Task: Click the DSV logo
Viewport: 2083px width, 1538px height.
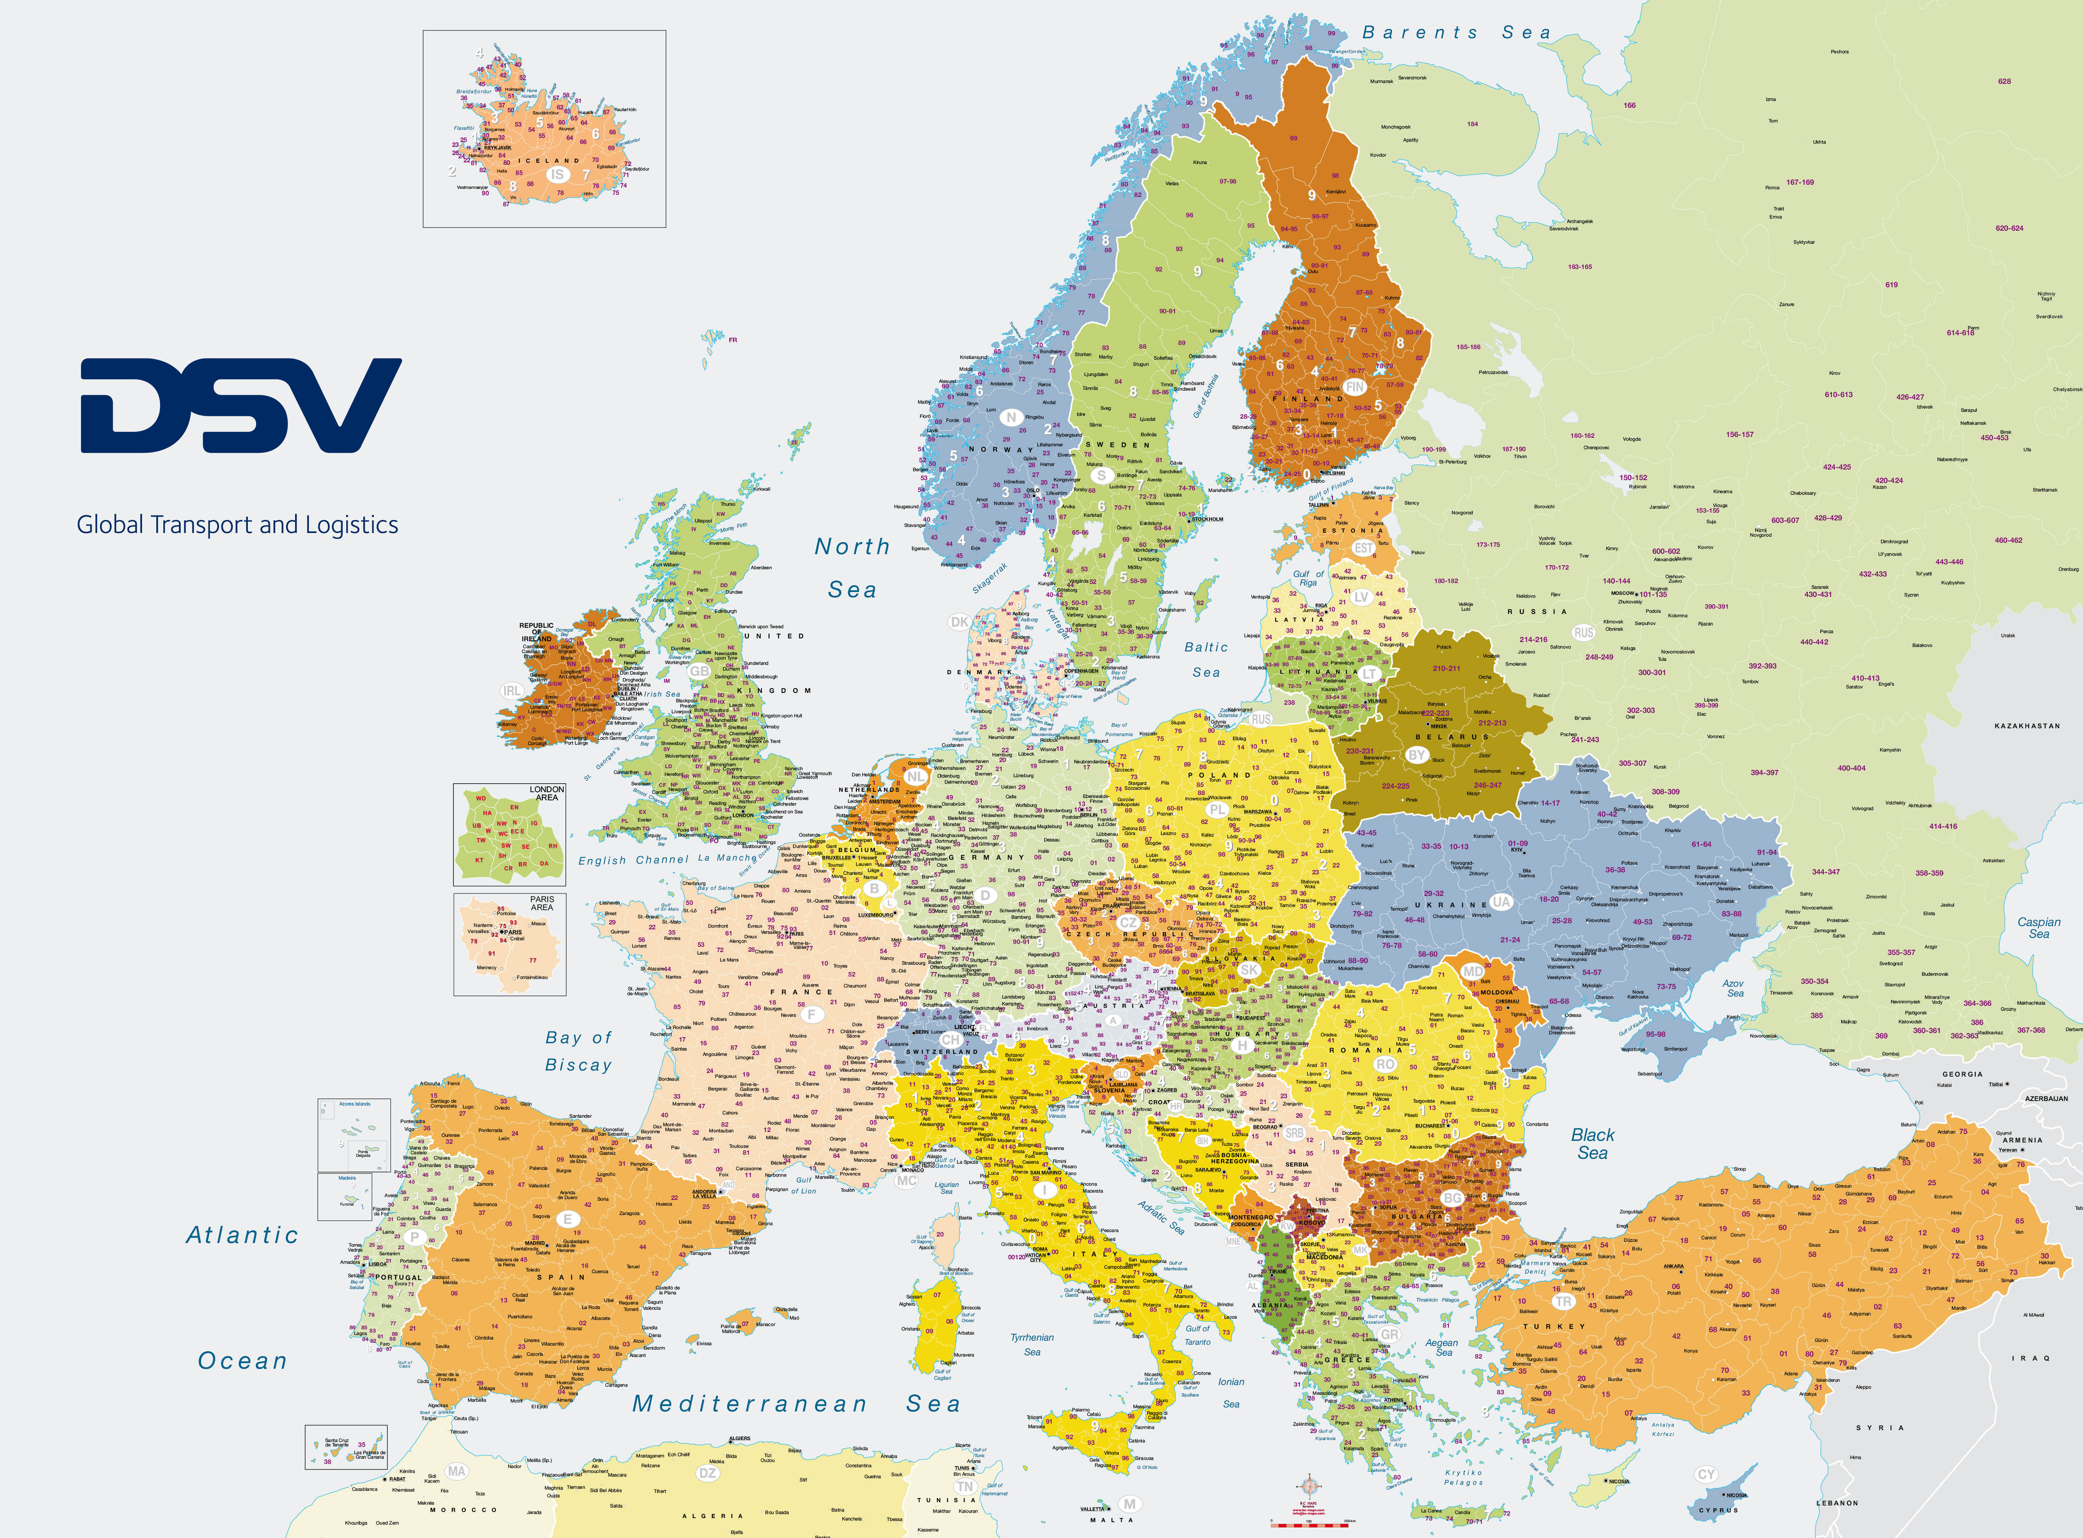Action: click(240, 406)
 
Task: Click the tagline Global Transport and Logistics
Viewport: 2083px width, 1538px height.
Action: click(237, 525)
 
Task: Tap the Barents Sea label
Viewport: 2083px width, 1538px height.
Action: click(1456, 33)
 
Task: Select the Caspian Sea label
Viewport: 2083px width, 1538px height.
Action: click(2038, 927)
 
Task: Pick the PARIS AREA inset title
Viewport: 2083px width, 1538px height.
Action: click(542, 903)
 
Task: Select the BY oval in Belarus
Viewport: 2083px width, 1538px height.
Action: click(1416, 755)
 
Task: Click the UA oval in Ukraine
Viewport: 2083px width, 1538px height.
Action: click(1501, 901)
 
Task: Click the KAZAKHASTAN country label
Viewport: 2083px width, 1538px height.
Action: click(2027, 726)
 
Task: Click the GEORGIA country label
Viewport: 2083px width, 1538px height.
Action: click(1962, 1075)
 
